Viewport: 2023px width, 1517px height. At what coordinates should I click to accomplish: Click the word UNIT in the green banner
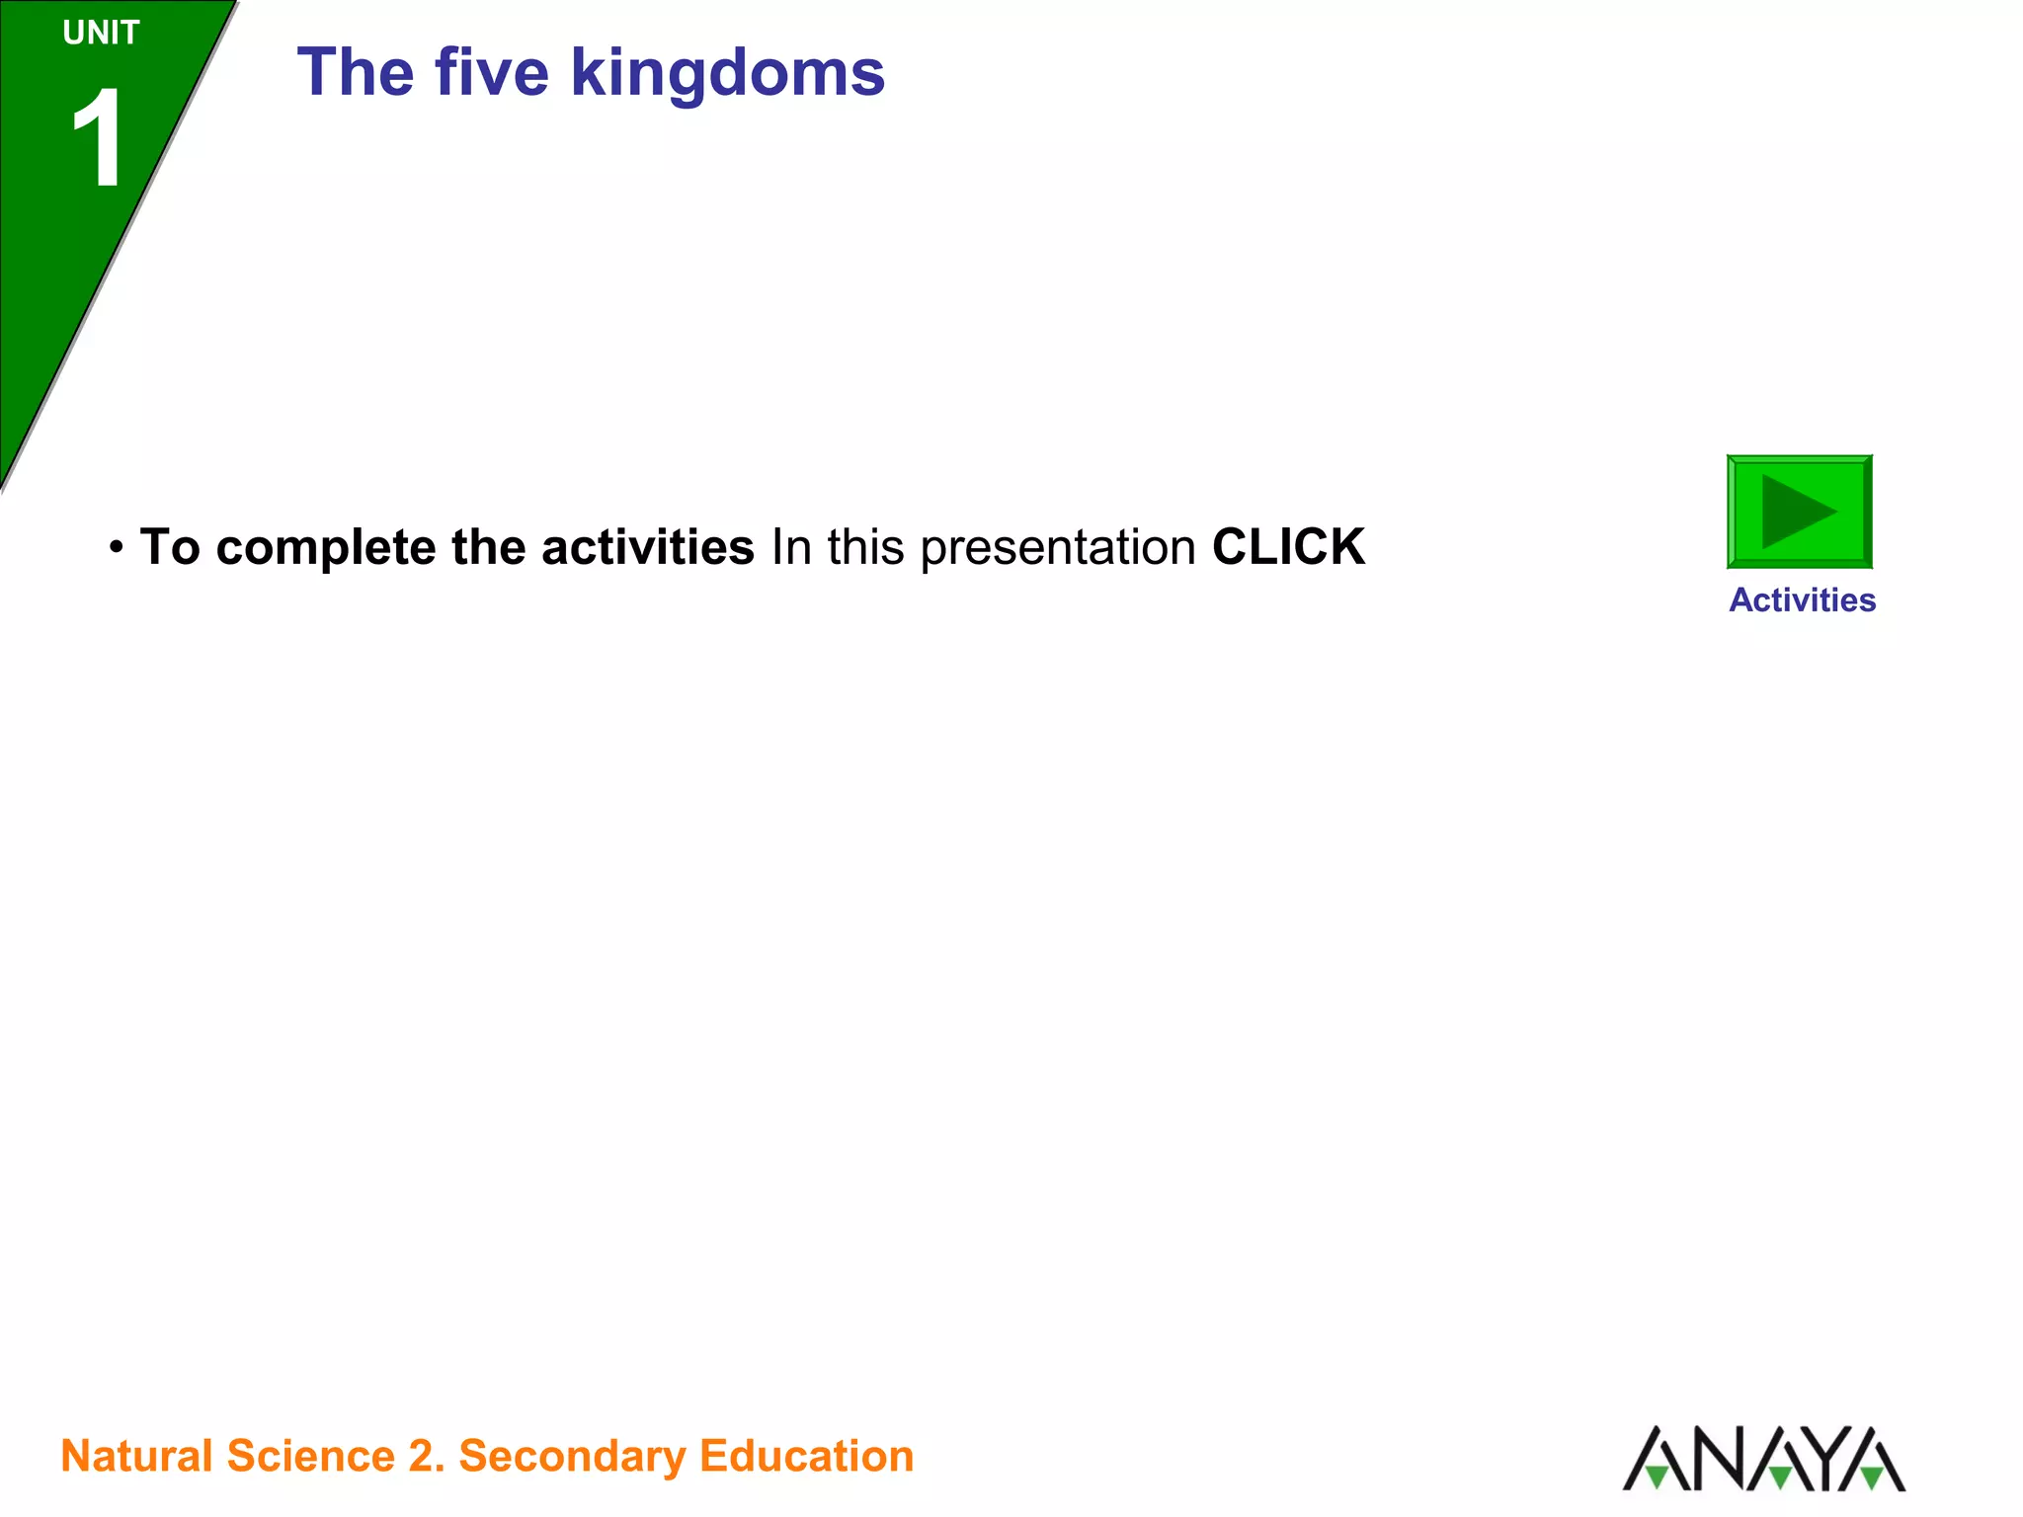(x=101, y=34)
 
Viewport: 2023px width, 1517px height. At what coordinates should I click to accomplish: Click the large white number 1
(x=99, y=138)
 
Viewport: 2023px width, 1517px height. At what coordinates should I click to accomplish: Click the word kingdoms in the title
(x=728, y=73)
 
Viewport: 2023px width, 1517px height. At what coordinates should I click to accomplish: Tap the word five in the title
(x=491, y=73)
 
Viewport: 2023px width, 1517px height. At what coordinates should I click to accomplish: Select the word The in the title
(x=356, y=73)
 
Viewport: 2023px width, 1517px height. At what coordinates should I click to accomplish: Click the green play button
(x=1799, y=512)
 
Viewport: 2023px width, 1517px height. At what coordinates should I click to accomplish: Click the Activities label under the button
(x=1802, y=600)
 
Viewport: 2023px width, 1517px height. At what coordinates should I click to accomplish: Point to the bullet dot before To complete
(x=117, y=547)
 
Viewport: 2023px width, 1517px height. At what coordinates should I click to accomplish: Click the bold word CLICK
(x=1288, y=547)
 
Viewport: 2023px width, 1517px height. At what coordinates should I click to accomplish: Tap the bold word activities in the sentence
(x=647, y=547)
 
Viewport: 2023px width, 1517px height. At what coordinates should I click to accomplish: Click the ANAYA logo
(x=1764, y=1459)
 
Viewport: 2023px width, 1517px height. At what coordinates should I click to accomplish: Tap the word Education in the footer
(x=806, y=1457)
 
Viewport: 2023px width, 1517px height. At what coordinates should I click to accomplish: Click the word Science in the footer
(x=310, y=1457)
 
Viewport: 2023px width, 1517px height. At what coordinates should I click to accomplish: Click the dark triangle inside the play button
(x=1793, y=512)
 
